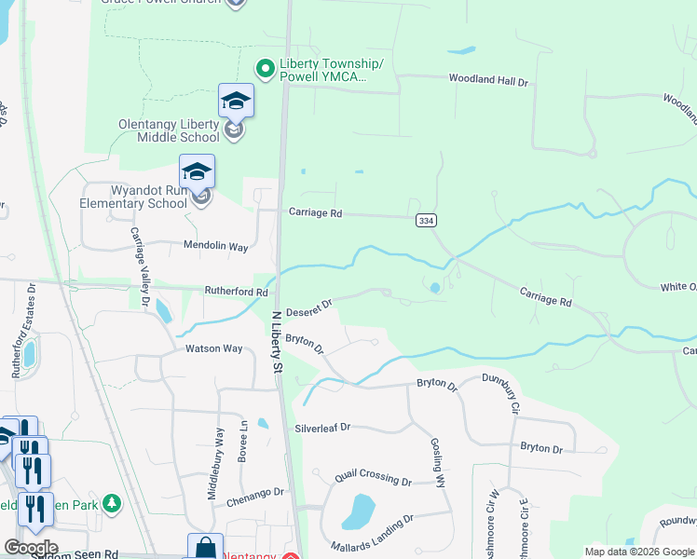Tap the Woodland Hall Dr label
(x=488, y=81)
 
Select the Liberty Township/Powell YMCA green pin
(x=265, y=67)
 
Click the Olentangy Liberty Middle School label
(x=169, y=130)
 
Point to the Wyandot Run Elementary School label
(x=136, y=197)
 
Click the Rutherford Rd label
(x=230, y=292)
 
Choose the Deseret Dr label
(x=308, y=307)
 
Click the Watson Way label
(x=214, y=348)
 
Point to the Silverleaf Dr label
(x=322, y=428)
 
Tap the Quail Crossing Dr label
(x=373, y=478)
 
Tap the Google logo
(x=31, y=547)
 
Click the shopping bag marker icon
(x=205, y=547)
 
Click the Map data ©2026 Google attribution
(x=639, y=552)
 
